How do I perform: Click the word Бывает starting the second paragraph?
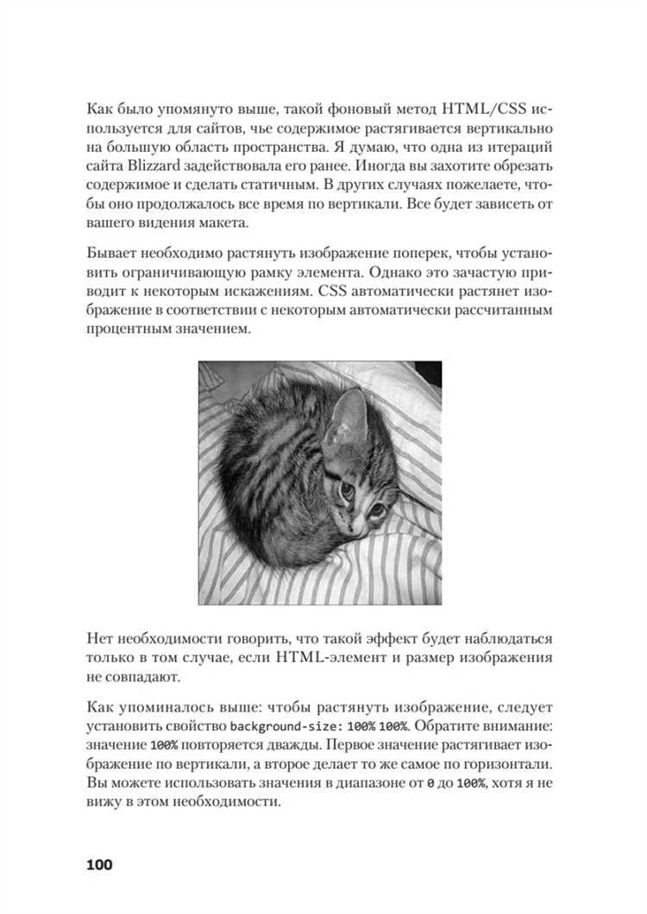coord(113,253)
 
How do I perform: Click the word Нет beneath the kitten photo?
coord(101,640)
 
